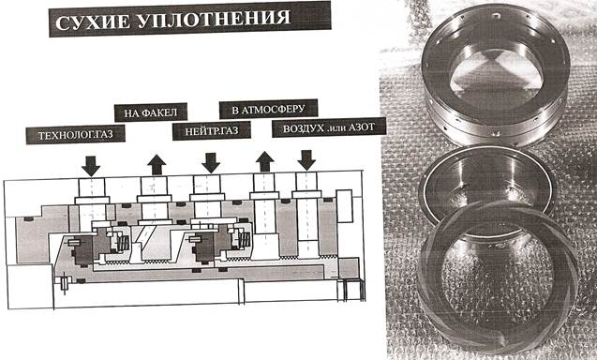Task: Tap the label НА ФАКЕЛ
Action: pos(150,112)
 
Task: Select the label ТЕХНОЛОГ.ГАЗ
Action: pos(75,135)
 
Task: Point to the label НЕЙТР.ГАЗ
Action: pos(212,131)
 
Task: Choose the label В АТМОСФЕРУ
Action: pos(268,110)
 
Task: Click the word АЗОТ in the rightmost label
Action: pos(362,127)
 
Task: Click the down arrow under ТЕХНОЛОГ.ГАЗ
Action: pos(91,166)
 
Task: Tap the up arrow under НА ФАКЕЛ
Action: pos(157,165)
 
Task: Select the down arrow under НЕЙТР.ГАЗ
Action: pos(211,163)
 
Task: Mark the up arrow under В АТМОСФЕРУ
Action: pos(265,161)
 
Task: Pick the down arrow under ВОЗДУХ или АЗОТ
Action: pos(306,160)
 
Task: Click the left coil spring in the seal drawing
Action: pos(125,243)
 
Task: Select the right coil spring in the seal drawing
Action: pos(245,240)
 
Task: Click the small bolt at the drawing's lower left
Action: pos(65,283)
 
